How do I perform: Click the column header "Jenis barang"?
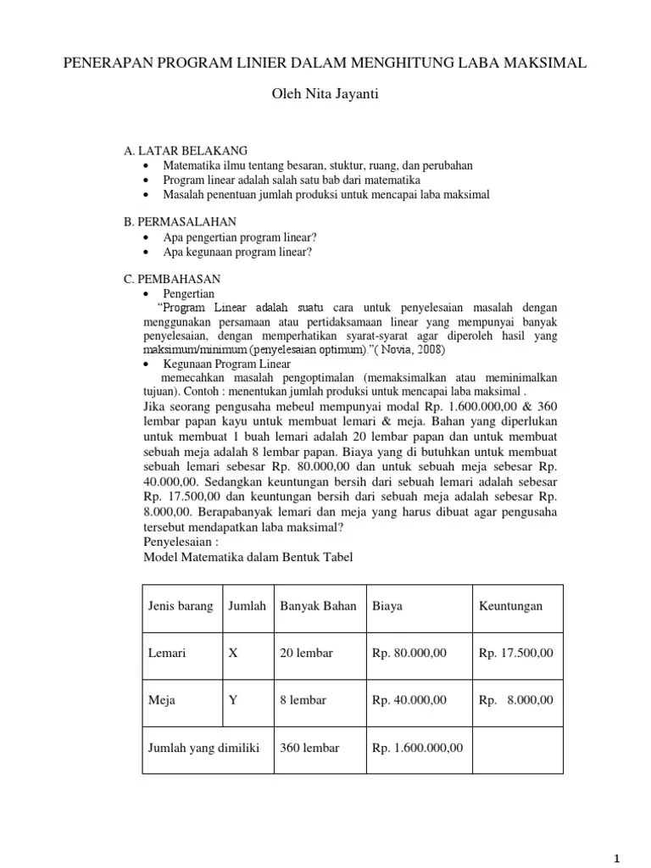pyautogui.click(x=181, y=607)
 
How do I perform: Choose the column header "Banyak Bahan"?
pyautogui.click(x=318, y=607)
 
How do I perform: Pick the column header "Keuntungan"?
pyautogui.click(x=511, y=607)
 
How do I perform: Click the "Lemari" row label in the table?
pyautogui.click(x=167, y=654)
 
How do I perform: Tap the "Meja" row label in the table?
pyautogui.click(x=161, y=700)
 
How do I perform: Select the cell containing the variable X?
pyautogui.click(x=234, y=654)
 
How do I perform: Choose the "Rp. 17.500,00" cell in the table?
pyautogui.click(x=515, y=654)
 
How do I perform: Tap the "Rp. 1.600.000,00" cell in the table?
pyautogui.click(x=418, y=748)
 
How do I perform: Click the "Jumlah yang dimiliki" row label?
pyautogui.click(x=203, y=748)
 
